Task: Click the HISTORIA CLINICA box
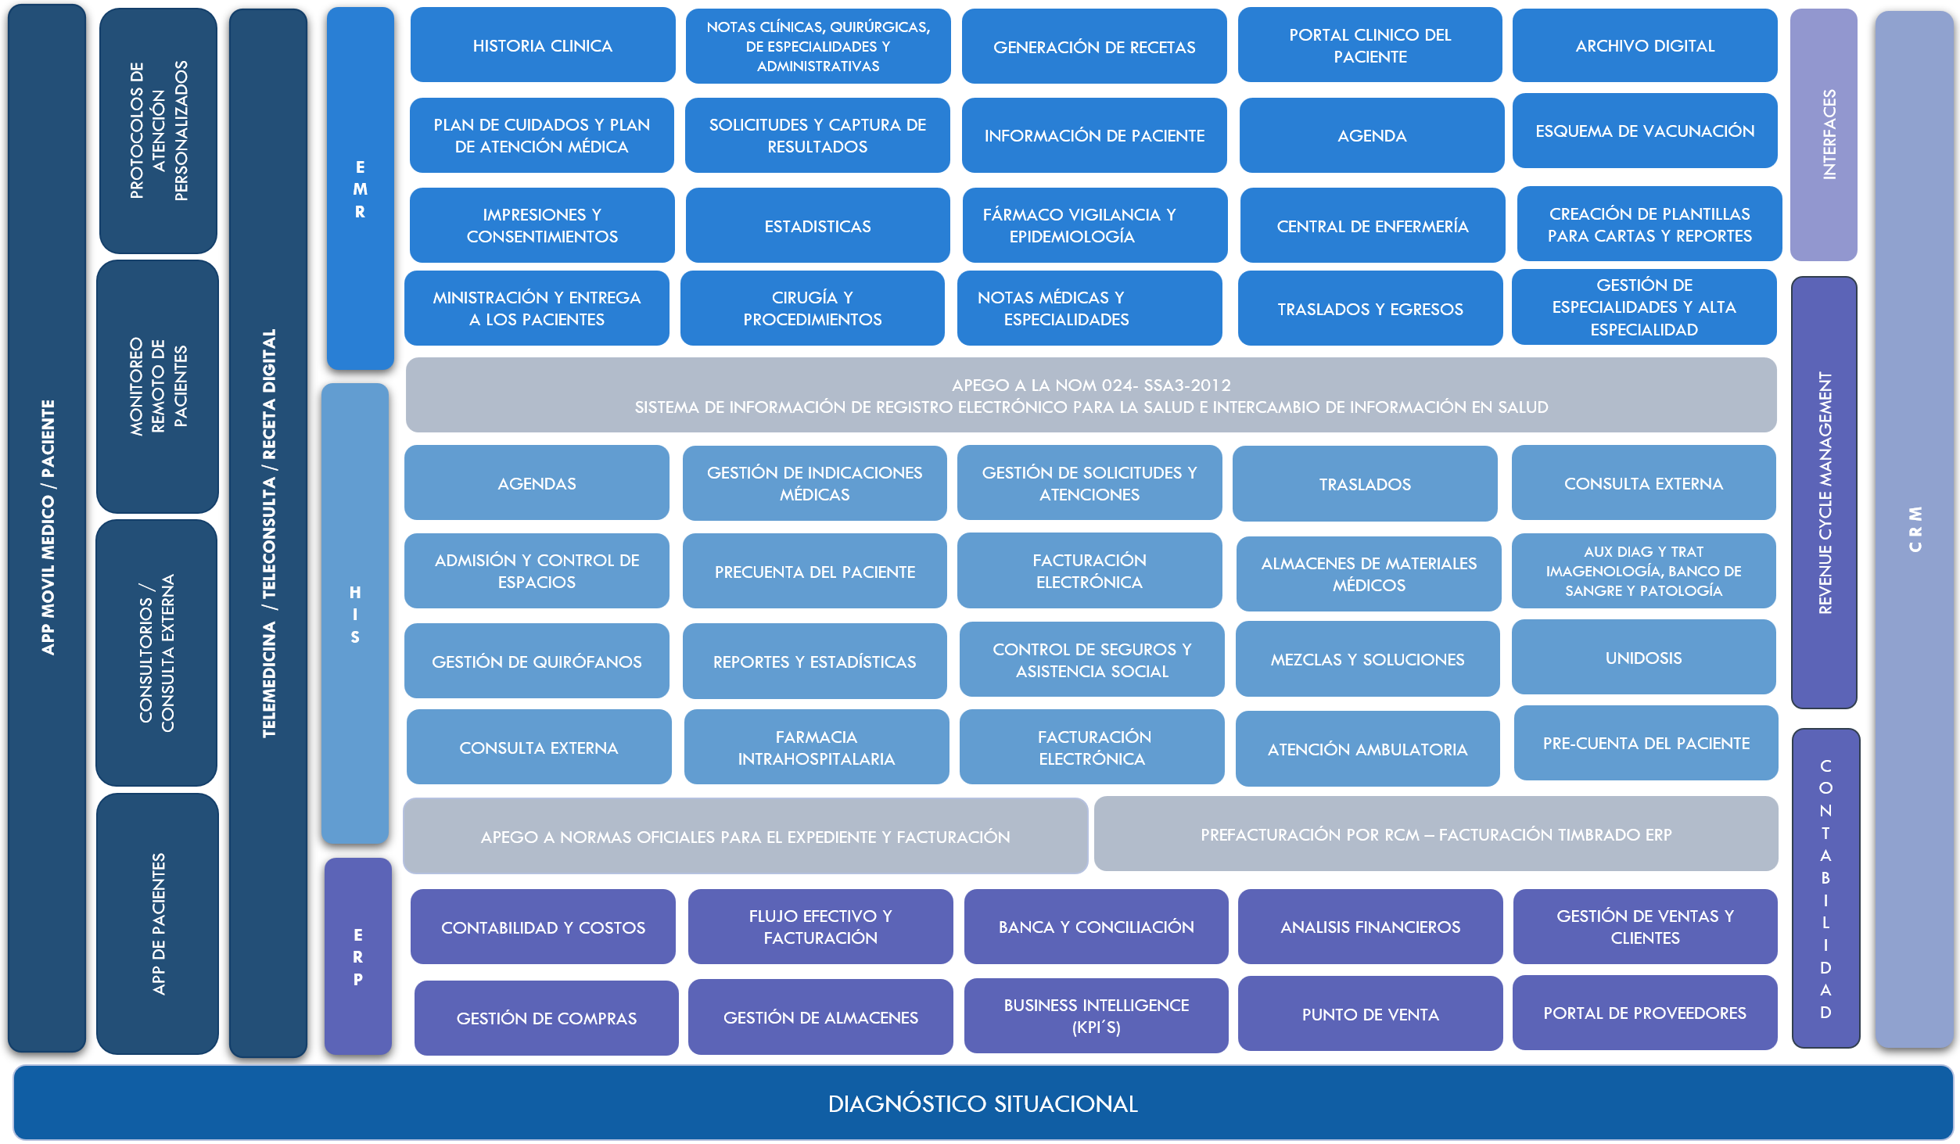point(542,45)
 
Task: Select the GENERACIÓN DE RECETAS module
point(1093,47)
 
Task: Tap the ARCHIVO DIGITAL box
point(1644,45)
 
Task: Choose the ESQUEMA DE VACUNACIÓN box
point(1644,131)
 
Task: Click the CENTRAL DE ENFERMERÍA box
point(1372,226)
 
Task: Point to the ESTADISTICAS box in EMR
point(817,226)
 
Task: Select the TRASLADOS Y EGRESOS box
point(1369,309)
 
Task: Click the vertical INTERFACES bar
point(1823,134)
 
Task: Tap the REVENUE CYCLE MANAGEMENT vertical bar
point(1823,493)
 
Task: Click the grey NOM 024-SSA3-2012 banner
point(1091,396)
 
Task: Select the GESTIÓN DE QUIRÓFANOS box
point(537,662)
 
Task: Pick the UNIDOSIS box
point(1643,658)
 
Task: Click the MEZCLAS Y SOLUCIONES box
point(1367,659)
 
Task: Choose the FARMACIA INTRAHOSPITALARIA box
point(816,748)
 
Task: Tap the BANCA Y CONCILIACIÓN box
point(1096,927)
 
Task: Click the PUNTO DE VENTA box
point(1369,1014)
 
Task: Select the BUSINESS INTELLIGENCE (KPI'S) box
point(1096,1016)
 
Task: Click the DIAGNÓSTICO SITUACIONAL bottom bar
point(982,1103)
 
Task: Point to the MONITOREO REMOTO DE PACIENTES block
point(157,386)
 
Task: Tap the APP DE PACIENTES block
point(157,923)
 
